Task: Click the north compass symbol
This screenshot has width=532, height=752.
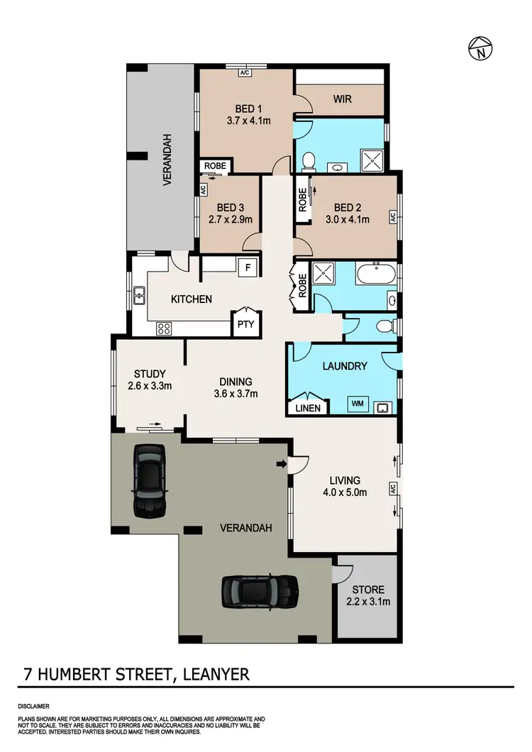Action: [482, 48]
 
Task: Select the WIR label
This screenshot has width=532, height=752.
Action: [342, 99]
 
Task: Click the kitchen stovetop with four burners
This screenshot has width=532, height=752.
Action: [164, 328]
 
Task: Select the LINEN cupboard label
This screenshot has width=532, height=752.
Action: [309, 408]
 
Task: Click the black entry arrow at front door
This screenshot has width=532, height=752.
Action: [282, 465]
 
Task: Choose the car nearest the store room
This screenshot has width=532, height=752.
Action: [259, 590]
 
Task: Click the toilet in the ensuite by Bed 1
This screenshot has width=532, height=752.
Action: [307, 163]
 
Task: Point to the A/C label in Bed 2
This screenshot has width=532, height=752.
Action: [391, 216]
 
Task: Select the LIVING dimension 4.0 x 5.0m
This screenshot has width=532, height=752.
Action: [344, 493]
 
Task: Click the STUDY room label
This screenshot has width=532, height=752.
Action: [150, 374]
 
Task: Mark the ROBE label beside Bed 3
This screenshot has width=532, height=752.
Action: [215, 165]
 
